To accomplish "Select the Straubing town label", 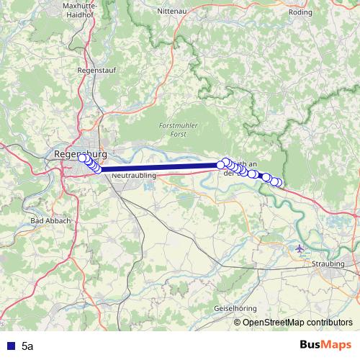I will pyautogui.click(x=328, y=264).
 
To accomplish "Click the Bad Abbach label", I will pyautogui.click(x=47, y=220).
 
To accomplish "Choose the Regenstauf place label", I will pyautogui.click(x=96, y=71).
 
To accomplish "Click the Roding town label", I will pyautogui.click(x=301, y=12).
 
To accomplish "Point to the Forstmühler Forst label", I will pyautogui.click(x=174, y=130).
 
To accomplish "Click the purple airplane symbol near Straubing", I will pyautogui.click(x=300, y=248).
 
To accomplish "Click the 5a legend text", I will pyautogui.click(x=27, y=346).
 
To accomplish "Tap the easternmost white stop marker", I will pyautogui.click(x=277, y=182).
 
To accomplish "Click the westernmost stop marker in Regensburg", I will pyautogui.click(x=82, y=158).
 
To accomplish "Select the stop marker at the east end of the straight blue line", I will pyautogui.click(x=221, y=165).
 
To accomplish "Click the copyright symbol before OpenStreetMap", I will pyautogui.click(x=238, y=323).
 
